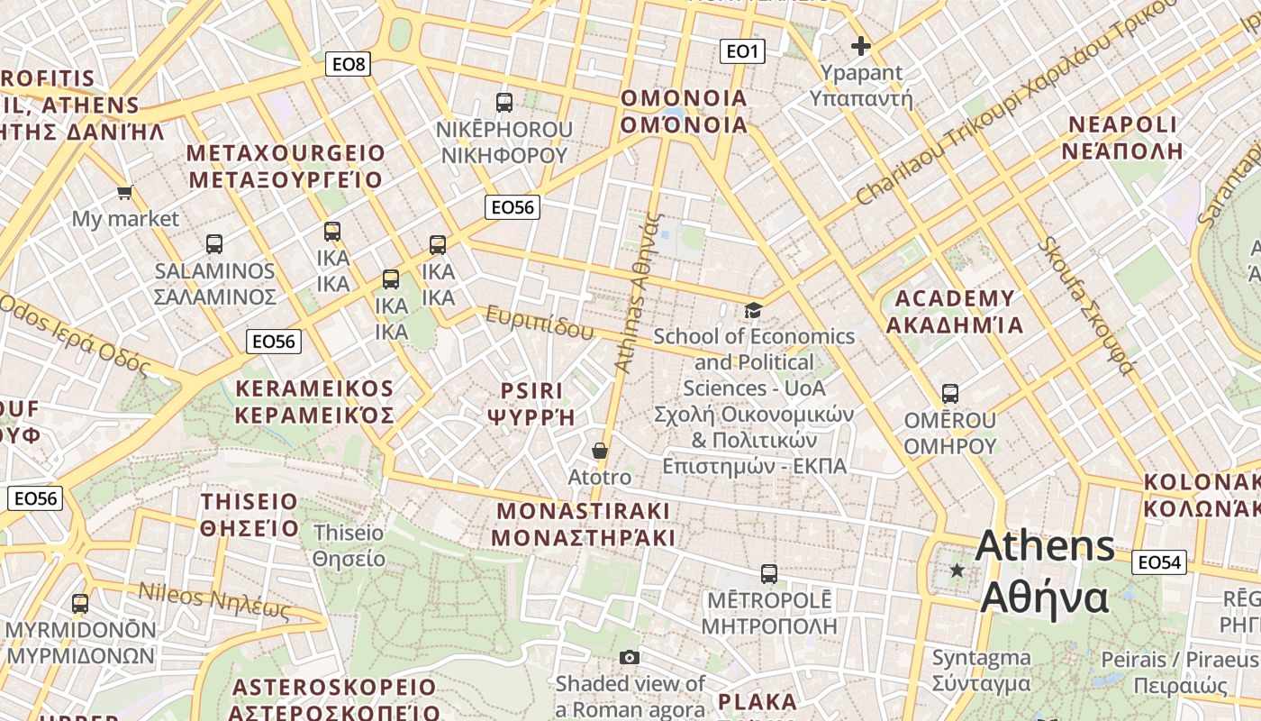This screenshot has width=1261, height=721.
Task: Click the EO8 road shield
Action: [348, 64]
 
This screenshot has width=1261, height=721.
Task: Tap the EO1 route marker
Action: [742, 51]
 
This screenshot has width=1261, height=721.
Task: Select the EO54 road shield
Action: [1158, 562]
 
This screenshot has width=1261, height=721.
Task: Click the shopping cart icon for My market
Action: [125, 192]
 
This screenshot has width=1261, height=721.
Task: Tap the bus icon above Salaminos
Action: [213, 244]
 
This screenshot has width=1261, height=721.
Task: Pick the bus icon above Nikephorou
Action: [504, 103]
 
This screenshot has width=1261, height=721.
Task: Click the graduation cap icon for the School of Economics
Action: [753, 310]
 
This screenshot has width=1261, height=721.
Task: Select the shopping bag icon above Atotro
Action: [600, 450]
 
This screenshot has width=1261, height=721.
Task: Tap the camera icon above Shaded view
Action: [630, 657]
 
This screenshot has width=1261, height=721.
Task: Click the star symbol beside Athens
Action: [957, 570]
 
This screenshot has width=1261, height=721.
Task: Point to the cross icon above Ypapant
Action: [861, 46]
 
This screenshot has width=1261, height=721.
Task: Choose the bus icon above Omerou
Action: [950, 394]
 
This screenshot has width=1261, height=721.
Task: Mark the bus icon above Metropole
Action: [768, 574]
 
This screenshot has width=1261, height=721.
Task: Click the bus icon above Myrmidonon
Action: [80, 604]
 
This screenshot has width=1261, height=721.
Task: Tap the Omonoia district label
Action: [685, 111]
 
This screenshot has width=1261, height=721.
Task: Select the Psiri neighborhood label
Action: [531, 403]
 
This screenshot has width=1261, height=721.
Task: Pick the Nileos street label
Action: [214, 600]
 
